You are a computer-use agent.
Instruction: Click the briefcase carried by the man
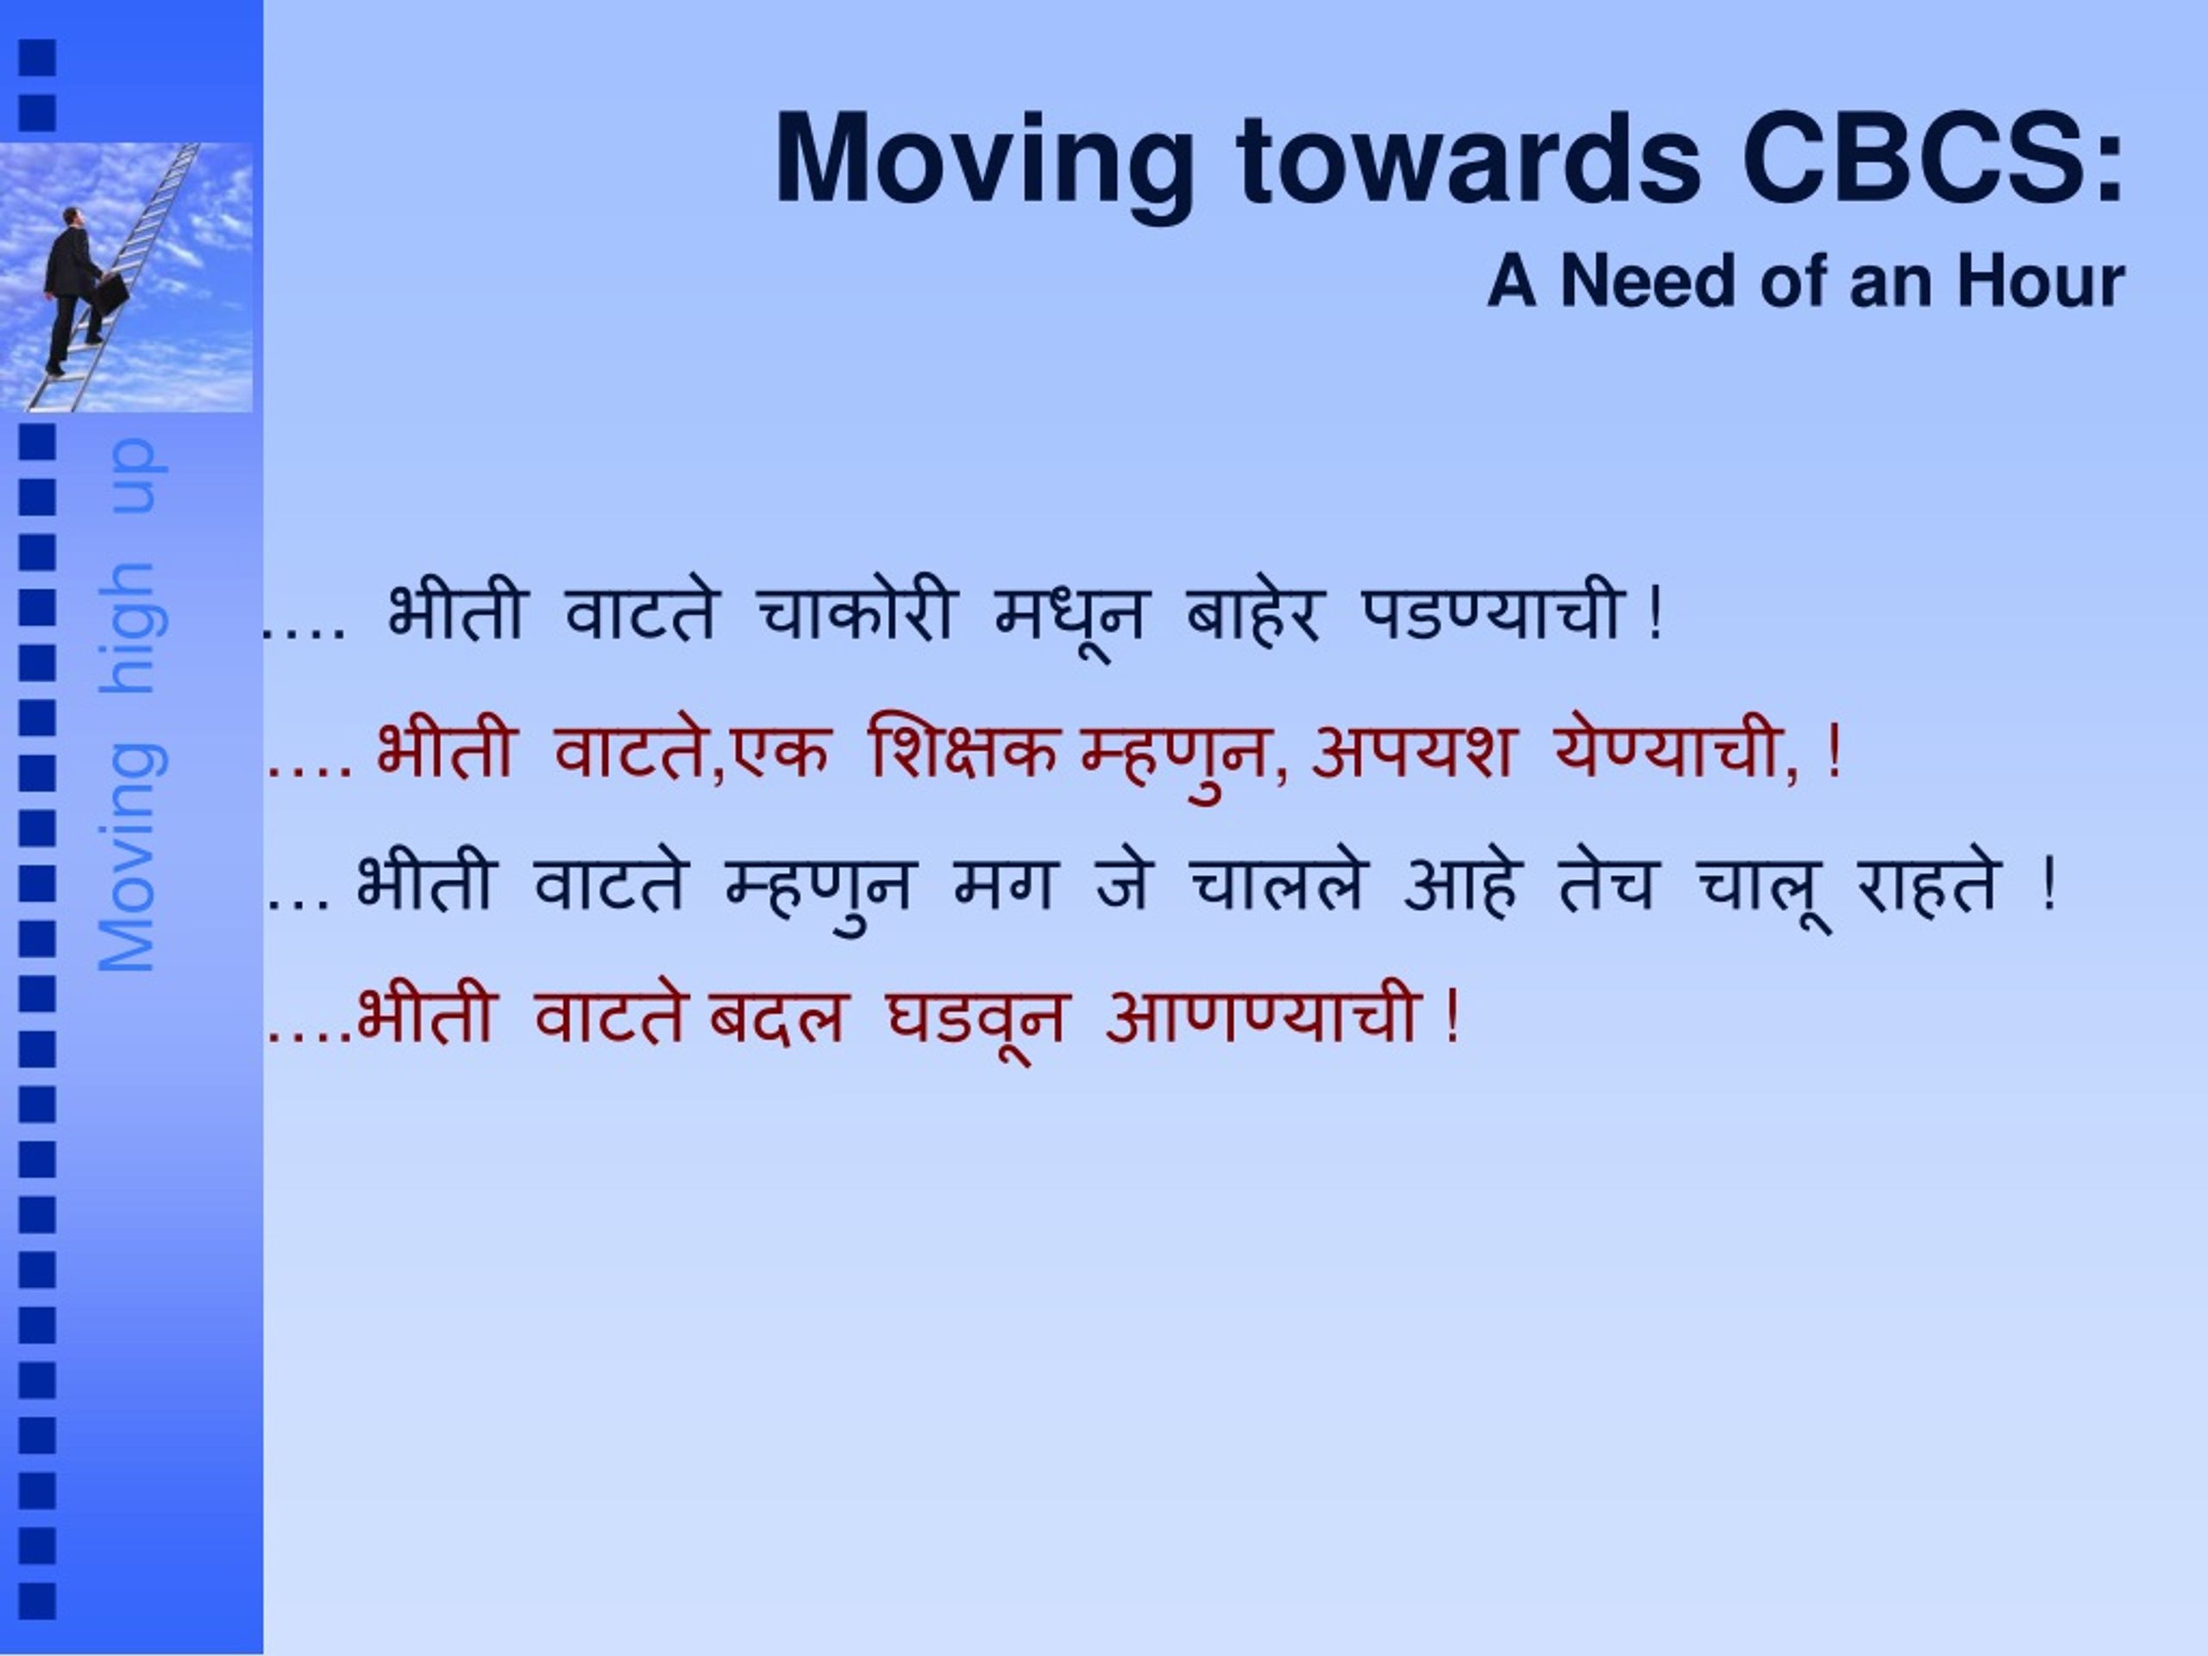click(x=113, y=292)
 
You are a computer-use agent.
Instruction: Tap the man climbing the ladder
click(x=75, y=291)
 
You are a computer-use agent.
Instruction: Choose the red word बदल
click(x=776, y=1018)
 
